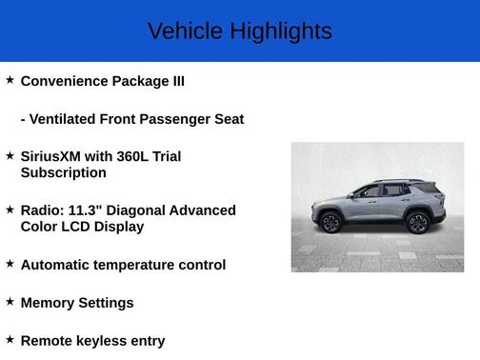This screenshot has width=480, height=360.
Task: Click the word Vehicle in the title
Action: (x=180, y=31)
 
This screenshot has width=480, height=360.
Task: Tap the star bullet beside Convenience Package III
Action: (x=10, y=80)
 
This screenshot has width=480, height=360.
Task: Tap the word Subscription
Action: (x=63, y=172)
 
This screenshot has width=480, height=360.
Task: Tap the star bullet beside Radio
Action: (x=10, y=209)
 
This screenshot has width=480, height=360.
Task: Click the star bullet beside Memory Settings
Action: (x=10, y=301)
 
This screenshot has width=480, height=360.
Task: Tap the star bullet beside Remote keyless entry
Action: (x=10, y=338)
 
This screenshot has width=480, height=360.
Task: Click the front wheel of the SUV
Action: (x=330, y=223)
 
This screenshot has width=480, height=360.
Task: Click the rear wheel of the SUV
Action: (x=417, y=223)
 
